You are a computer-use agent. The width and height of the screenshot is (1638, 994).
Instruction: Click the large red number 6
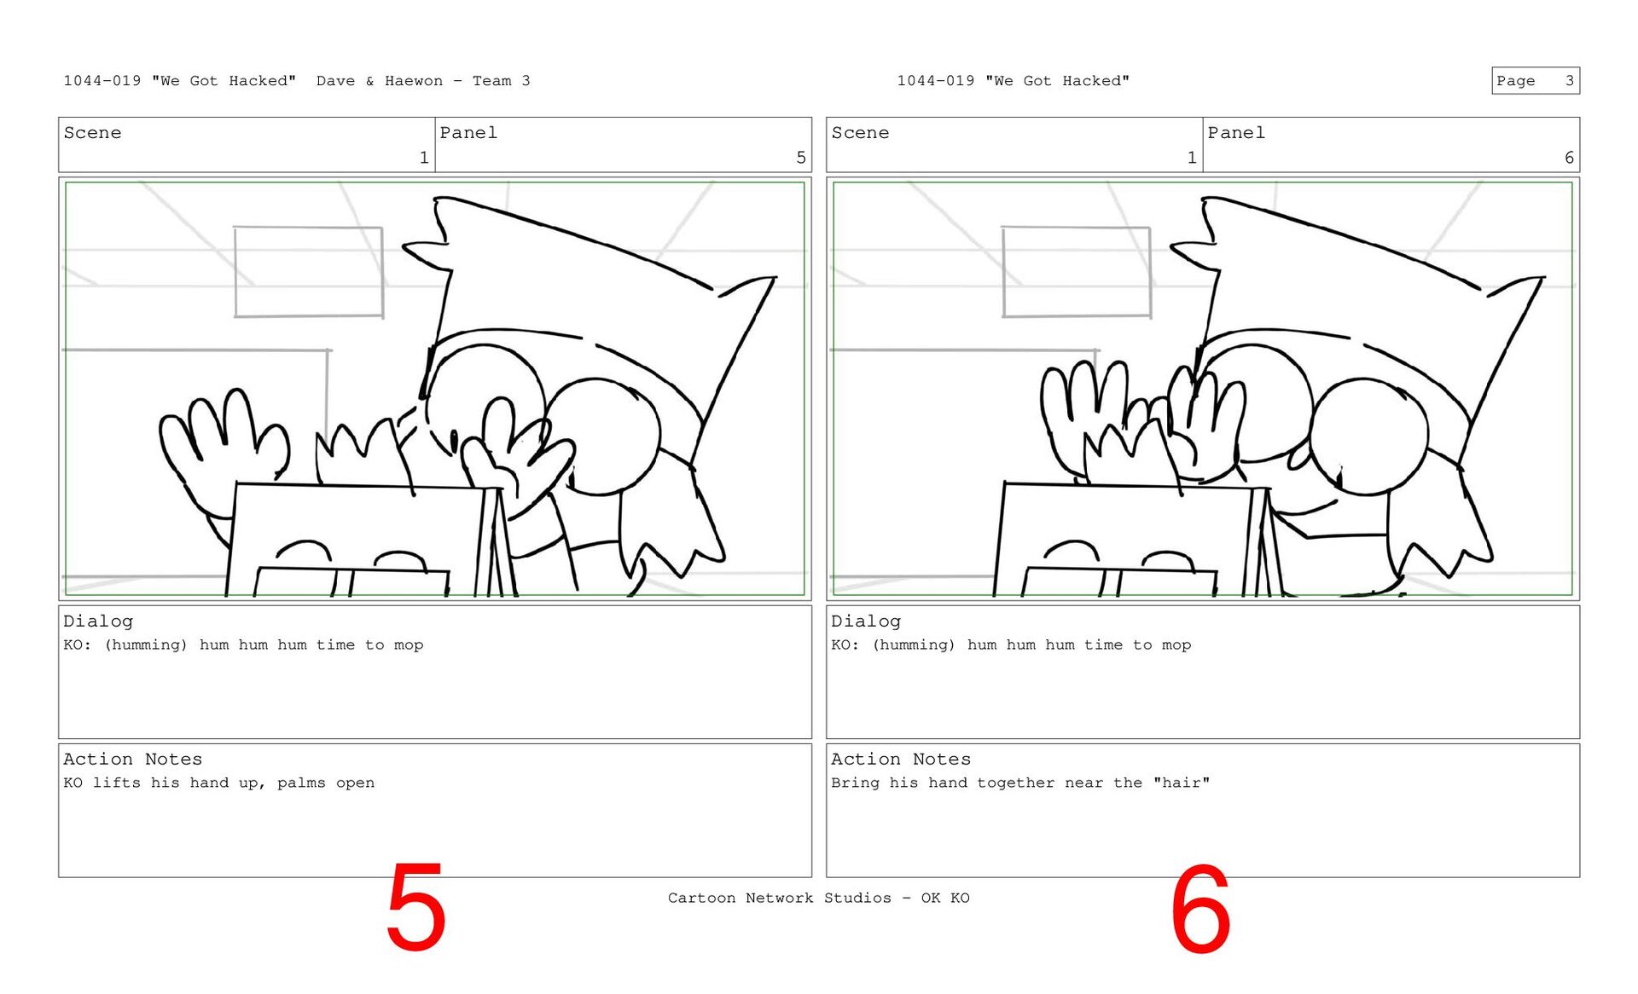tap(1200, 909)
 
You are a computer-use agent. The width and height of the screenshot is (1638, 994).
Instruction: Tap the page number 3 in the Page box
tap(1569, 81)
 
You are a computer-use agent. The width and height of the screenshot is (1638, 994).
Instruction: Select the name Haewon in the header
tap(414, 81)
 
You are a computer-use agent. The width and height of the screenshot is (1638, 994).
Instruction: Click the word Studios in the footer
tap(857, 898)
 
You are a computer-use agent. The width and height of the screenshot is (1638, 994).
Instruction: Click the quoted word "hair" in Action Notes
tap(1182, 783)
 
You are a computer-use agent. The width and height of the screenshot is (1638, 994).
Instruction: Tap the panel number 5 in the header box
tap(800, 158)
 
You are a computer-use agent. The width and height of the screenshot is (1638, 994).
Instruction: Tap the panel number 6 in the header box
tap(1569, 158)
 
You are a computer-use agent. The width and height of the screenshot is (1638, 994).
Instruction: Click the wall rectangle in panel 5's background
tap(309, 272)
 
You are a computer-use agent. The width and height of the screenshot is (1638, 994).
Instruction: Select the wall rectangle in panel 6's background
tap(1077, 272)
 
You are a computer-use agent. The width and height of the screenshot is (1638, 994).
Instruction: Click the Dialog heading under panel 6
tap(866, 621)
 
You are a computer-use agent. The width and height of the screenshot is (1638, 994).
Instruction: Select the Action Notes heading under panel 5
tap(133, 759)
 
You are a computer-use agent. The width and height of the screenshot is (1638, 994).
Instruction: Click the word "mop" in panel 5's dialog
tap(409, 645)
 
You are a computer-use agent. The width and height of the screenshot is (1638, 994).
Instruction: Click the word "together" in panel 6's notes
tap(1016, 783)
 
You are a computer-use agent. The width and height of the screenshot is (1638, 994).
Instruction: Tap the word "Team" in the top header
tap(492, 81)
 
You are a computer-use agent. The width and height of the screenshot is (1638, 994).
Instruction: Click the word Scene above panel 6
tap(860, 133)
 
